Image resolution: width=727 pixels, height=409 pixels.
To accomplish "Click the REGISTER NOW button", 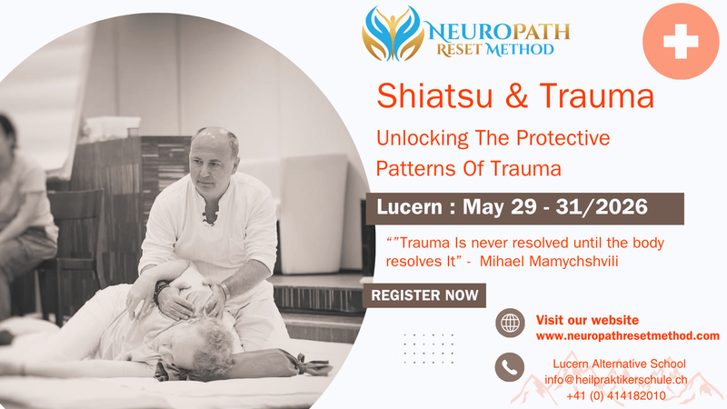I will (x=424, y=295).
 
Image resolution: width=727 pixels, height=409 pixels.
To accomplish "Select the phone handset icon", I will (x=510, y=367).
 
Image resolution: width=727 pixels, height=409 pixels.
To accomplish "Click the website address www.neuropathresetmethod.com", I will (x=627, y=336).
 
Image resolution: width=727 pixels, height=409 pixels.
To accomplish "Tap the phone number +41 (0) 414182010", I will (x=615, y=395).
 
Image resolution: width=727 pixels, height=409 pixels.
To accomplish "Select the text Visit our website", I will (x=587, y=320).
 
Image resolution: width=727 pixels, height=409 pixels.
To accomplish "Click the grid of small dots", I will (x=428, y=348).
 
